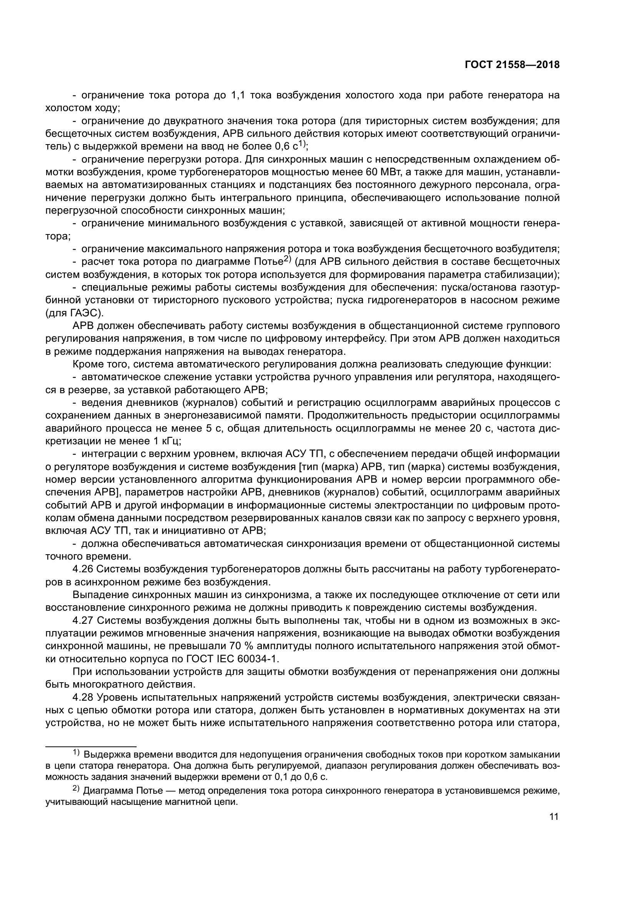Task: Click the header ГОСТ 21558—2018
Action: (x=512, y=65)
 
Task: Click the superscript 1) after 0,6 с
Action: (x=302, y=144)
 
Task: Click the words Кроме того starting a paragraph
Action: (x=101, y=364)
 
